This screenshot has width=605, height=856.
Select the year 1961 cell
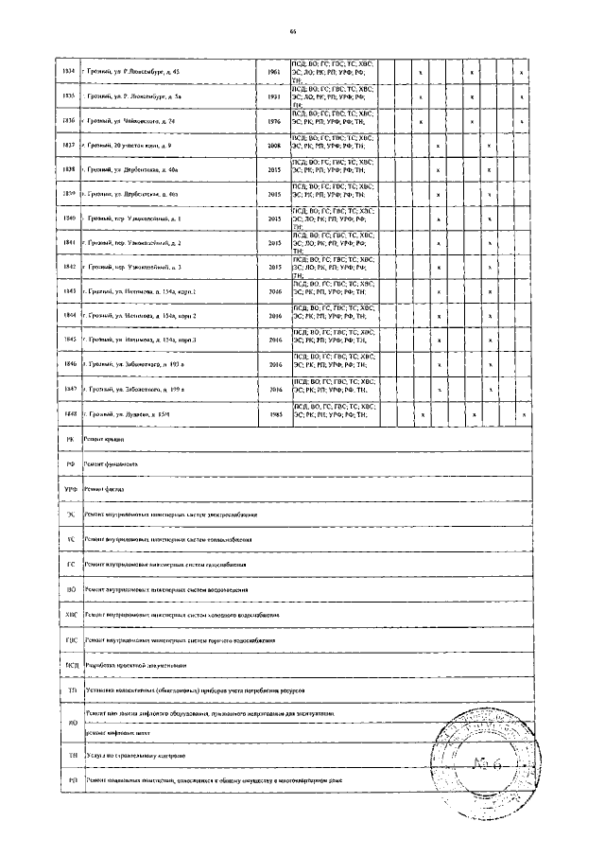(x=274, y=72)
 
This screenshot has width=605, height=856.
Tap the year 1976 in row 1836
(x=274, y=122)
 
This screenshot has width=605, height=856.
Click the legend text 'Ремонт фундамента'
(x=112, y=464)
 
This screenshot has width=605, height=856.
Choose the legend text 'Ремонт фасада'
(x=105, y=489)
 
